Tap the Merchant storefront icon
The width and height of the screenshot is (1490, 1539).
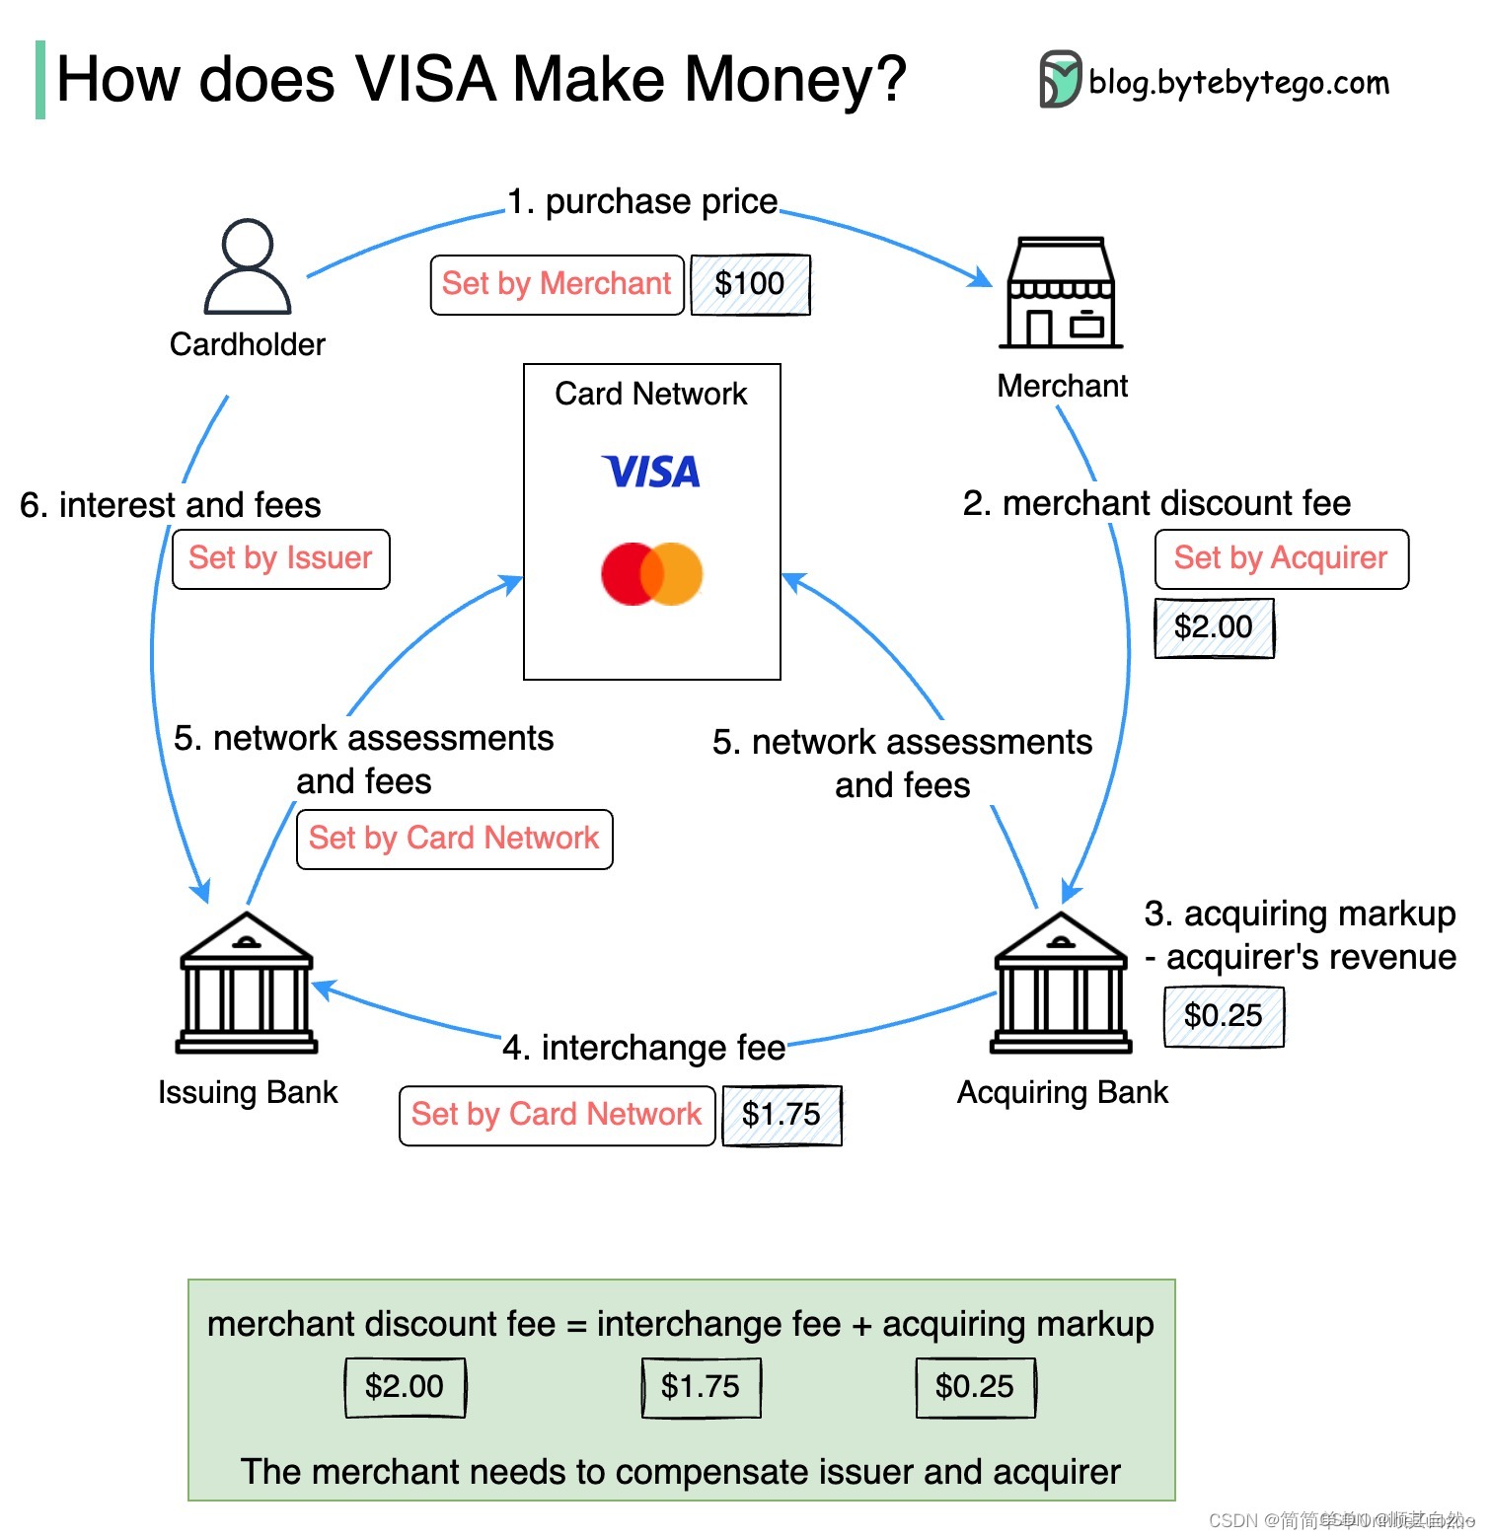[1061, 293]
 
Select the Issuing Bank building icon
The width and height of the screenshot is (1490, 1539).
[247, 983]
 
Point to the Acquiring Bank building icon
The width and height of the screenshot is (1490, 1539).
[1061, 983]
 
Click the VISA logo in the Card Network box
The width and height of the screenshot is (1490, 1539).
[651, 472]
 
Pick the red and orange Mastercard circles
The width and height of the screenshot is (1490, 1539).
[651, 573]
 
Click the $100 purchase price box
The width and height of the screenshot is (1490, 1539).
[750, 284]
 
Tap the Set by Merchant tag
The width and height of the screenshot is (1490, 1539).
[557, 284]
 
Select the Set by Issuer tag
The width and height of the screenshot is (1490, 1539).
[280, 558]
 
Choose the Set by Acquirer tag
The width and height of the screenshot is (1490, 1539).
[1281, 558]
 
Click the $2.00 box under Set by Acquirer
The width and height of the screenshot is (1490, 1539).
[1214, 627]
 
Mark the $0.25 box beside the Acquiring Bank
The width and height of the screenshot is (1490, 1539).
[1224, 1016]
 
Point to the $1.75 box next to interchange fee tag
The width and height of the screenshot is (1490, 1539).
[782, 1115]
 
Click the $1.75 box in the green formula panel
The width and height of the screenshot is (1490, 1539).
[701, 1387]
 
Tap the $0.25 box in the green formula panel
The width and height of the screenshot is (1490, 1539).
[975, 1387]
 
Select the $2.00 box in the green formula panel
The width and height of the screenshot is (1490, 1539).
[405, 1387]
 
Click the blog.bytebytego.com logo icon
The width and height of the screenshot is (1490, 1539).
[1061, 79]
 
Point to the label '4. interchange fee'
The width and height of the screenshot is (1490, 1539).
[643, 1048]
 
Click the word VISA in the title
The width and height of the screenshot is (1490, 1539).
[425, 79]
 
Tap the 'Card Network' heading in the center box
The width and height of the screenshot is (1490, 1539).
[651, 394]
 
